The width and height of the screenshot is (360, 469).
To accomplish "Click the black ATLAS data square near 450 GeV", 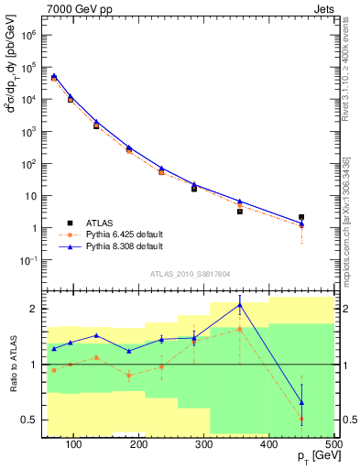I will click(301, 217).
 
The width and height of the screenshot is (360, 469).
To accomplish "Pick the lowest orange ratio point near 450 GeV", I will click(301, 419).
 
